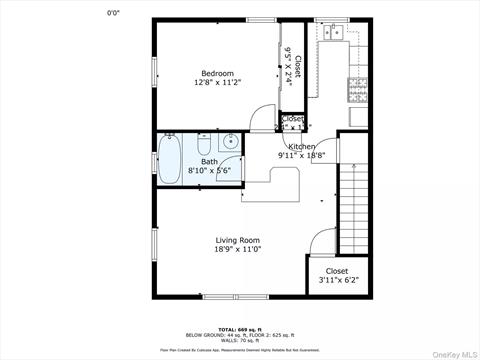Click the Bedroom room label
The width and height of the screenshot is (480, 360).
tap(218, 73)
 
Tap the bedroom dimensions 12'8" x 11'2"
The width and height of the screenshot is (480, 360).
tap(218, 83)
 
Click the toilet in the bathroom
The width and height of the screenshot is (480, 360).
tap(230, 142)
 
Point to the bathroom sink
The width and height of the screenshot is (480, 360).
tap(231, 168)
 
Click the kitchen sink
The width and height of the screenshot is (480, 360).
tap(333, 34)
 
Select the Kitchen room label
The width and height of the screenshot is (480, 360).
tap(302, 146)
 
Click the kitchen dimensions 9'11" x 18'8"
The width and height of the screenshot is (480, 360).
tap(302, 155)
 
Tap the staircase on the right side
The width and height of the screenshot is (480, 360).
tap(354, 210)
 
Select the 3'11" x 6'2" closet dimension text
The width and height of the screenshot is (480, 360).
tap(337, 281)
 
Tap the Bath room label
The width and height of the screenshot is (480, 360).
tap(209, 161)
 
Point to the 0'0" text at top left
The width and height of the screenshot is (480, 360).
tap(117, 12)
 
